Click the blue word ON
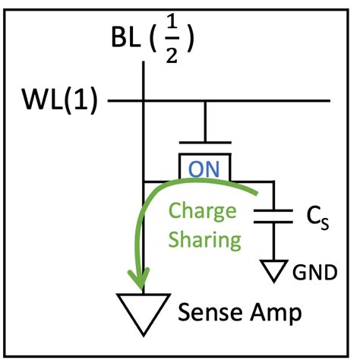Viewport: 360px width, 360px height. tap(204, 169)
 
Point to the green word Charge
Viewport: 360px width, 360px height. tap(202, 210)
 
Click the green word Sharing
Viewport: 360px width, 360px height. tap(204, 241)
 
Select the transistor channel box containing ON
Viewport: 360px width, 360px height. tap(204, 167)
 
